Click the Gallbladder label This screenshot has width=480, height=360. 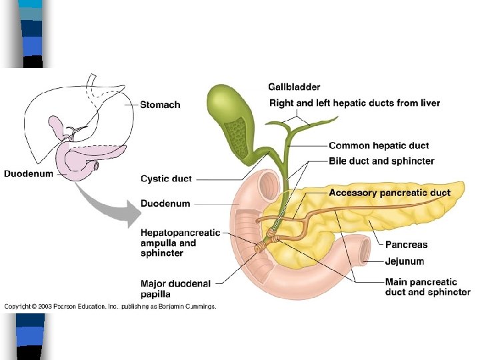tap(294, 87)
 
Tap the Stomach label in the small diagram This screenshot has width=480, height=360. tap(160, 105)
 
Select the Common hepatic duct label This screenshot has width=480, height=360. tap(379, 145)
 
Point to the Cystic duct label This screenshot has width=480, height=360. tap(166, 179)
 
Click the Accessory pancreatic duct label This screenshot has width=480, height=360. tap(389, 193)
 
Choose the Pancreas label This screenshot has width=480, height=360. tap(406, 245)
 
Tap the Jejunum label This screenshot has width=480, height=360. tap(404, 261)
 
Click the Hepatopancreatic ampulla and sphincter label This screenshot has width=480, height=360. tap(180, 243)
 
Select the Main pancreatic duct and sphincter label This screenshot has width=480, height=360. tap(427, 287)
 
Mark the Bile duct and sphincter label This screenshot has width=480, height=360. tap(381, 161)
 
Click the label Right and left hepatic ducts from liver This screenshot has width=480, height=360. tap(354, 103)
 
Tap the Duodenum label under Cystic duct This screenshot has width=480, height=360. tap(165, 203)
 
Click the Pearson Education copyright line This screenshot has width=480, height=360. tap(110, 307)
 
